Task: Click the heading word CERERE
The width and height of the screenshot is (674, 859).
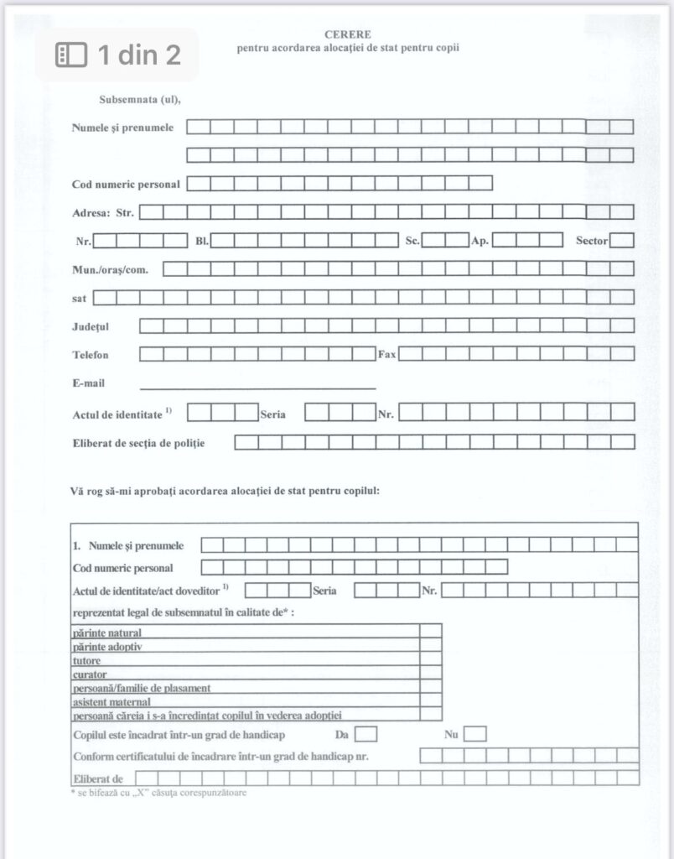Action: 347,34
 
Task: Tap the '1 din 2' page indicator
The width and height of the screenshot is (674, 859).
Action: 117,55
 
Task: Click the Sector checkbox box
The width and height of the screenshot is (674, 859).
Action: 621,241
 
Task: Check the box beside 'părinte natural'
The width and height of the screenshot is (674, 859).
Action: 431,632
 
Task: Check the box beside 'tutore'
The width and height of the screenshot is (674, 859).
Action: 431,659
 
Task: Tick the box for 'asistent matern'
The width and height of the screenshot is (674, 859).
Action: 431,700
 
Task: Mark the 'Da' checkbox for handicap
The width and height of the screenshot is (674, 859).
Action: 366,735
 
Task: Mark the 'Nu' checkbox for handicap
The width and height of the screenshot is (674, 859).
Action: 474,735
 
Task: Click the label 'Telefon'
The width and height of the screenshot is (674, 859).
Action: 91,355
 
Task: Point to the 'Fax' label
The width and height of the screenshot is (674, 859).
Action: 386,355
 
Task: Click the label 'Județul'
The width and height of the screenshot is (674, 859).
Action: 91,325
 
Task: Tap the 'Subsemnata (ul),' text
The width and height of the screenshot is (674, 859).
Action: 140,100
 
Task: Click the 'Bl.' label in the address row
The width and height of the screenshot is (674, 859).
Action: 202,242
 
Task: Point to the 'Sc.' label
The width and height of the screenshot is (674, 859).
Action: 412,242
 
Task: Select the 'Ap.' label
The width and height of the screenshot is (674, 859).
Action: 480,242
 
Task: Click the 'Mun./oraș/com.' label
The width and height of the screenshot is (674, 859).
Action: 116,269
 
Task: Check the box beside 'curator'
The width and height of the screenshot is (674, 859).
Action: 431,674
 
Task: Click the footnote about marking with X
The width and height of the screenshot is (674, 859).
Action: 159,792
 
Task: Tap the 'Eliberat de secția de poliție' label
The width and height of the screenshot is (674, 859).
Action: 138,442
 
